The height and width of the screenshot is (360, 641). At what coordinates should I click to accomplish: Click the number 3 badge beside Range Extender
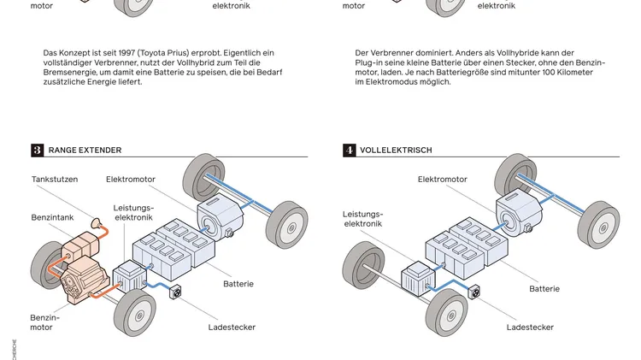[x=38, y=150]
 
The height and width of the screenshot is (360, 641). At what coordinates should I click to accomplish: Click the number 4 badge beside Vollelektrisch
[x=350, y=150]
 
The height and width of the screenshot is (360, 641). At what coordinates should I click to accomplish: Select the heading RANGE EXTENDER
[x=85, y=150]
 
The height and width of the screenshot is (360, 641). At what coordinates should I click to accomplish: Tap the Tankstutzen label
[x=55, y=180]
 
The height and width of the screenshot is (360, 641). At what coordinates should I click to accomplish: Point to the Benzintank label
[x=53, y=218]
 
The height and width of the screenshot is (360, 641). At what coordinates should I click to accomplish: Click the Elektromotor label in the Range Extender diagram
[x=131, y=180]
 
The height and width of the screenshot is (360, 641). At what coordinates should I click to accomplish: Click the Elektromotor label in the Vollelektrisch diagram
[x=443, y=180]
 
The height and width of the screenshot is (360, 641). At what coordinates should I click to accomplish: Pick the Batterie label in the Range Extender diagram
[x=238, y=284]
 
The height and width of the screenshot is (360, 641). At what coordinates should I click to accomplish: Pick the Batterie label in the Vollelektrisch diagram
[x=544, y=289]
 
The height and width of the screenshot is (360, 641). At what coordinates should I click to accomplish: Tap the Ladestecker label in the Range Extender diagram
[x=232, y=328]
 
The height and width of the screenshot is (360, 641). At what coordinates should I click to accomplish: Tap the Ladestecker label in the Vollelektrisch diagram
[x=530, y=328]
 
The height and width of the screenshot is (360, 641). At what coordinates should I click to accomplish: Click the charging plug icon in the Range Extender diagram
[x=177, y=292]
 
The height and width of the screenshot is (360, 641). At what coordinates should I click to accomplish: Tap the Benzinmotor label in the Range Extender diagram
[x=44, y=322]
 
